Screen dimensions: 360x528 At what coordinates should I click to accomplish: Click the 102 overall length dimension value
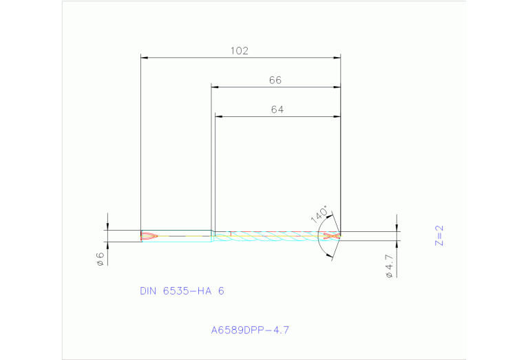coord(239,50)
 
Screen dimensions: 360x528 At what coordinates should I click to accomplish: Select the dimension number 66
coord(275,80)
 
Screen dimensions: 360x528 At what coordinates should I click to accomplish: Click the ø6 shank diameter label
coord(100,258)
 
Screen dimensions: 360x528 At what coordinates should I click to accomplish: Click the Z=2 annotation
coord(440,235)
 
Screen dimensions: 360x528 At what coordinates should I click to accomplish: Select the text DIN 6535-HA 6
coord(182,291)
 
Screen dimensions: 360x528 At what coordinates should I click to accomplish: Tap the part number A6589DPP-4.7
coord(250,330)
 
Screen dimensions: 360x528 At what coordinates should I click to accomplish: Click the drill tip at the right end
coord(339,235)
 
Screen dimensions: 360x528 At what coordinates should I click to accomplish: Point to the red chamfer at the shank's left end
coord(149,236)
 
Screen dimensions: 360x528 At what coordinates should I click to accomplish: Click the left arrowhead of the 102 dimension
coord(144,58)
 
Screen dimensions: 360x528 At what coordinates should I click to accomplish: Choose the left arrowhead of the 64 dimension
coord(218,117)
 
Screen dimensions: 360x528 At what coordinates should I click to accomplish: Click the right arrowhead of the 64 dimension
coord(337,117)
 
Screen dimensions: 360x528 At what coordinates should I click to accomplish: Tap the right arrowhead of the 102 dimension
coord(337,58)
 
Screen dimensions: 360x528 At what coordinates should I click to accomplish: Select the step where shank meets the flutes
coord(213,235)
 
